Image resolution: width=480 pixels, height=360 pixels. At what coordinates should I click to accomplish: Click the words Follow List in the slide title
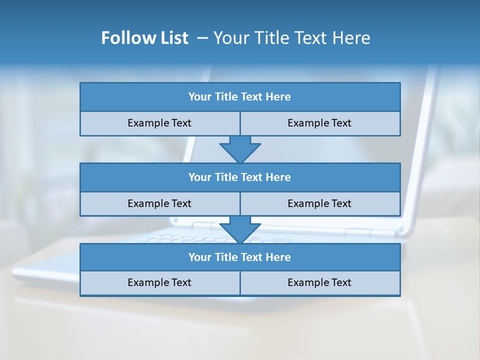[x=144, y=38]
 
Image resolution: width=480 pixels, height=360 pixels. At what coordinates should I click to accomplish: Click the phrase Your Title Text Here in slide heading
[x=292, y=38]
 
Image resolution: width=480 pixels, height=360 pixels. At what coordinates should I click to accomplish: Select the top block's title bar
[x=240, y=97]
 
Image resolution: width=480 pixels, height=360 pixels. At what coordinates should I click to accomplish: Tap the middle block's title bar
[x=240, y=177]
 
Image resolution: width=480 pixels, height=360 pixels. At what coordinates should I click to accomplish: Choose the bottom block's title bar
[x=240, y=257]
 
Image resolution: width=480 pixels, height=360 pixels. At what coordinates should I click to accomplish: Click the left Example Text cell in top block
[x=160, y=123]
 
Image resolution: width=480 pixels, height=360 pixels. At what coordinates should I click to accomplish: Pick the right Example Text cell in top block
[x=320, y=123]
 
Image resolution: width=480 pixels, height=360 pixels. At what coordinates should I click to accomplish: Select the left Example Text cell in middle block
[x=160, y=204]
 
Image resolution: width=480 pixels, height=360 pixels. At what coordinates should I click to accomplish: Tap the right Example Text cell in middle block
[x=320, y=204]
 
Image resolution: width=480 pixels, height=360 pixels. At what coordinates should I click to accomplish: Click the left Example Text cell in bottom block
[x=160, y=283]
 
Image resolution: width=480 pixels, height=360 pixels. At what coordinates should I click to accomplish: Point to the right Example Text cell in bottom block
[x=320, y=283]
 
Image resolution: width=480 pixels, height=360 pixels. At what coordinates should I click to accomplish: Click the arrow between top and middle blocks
[x=240, y=149]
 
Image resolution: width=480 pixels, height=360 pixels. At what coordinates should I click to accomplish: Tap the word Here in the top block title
[x=278, y=97]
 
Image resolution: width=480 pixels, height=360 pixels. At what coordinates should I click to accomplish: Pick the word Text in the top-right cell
[x=341, y=123]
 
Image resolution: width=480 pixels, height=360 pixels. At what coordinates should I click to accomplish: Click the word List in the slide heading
[x=173, y=38]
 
